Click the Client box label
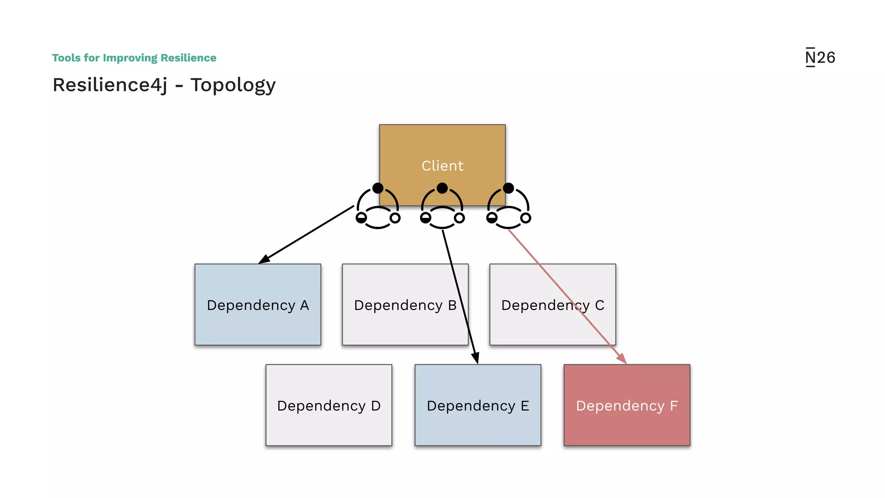(442, 166)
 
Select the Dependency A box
(258, 304)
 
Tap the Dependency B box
(405, 304)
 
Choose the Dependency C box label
(552, 305)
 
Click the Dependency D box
(328, 405)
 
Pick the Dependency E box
(478, 405)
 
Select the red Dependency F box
(627, 405)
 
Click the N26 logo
(820, 57)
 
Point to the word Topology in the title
(233, 85)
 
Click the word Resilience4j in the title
(110, 85)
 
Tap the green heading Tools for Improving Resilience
(134, 57)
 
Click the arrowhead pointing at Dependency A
(264, 260)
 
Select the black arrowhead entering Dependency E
(476, 358)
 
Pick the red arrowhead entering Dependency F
(622, 358)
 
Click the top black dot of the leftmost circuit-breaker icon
(378, 188)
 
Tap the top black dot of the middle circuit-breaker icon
(442, 188)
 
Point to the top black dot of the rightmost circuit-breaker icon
(509, 188)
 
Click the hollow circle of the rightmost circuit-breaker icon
(525, 218)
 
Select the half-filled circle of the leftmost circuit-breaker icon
(361, 218)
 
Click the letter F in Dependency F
(674, 405)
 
